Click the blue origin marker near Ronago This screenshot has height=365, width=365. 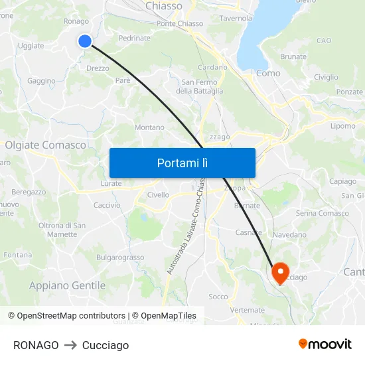click(85, 41)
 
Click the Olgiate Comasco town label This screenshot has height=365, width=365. click(46, 145)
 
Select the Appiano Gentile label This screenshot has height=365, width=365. click(67, 285)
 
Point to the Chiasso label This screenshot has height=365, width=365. click(163, 6)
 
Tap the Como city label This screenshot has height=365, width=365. click(268, 73)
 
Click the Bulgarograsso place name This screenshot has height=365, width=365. click(120, 257)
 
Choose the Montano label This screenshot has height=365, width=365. click(149, 127)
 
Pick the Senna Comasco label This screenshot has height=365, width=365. click(323, 213)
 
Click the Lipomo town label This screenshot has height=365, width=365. click(343, 125)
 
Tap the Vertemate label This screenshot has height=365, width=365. click(248, 310)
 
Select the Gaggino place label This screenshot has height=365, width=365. click(42, 81)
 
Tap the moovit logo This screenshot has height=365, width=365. click(325, 344)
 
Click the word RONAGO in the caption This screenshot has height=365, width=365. click(36, 345)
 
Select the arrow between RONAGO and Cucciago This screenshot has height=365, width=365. click(70, 345)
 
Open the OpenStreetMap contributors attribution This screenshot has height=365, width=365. click(67, 316)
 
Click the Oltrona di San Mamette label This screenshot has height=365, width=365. click(62, 230)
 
